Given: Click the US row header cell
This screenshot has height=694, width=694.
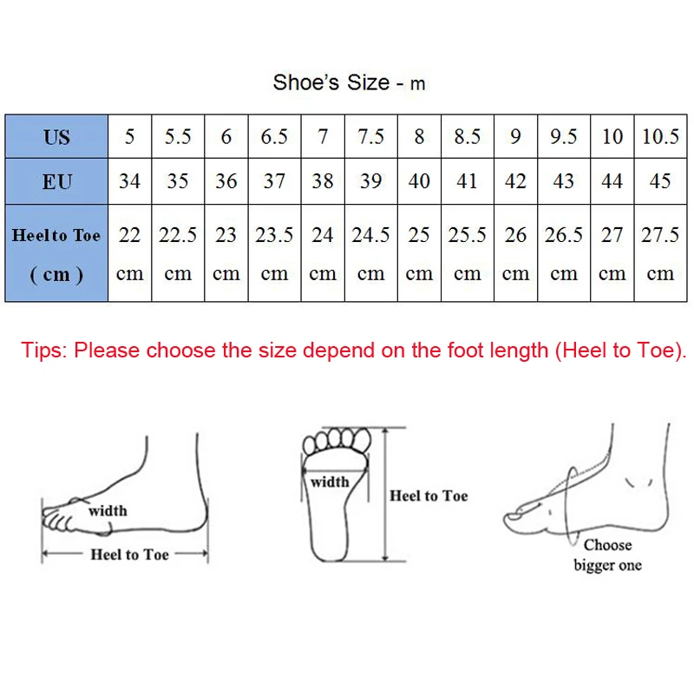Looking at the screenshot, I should pyautogui.click(x=56, y=136).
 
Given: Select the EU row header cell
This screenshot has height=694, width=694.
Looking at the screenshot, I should pyautogui.click(x=56, y=181).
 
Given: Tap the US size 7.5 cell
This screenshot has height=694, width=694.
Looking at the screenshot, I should pyautogui.click(x=370, y=136).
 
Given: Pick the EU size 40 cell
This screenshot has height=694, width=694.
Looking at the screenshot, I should pyautogui.click(x=419, y=181).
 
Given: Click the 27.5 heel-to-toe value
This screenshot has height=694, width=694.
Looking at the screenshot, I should pyautogui.click(x=660, y=235).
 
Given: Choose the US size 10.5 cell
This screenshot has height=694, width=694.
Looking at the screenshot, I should pyautogui.click(x=660, y=136).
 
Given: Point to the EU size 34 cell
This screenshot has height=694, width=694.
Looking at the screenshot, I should pyautogui.click(x=130, y=181).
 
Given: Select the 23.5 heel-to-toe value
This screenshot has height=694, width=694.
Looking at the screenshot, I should pyautogui.click(x=274, y=235).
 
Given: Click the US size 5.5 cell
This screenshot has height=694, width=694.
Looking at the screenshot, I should pyautogui.click(x=178, y=136).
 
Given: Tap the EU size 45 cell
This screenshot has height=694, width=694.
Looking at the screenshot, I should pyautogui.click(x=660, y=181).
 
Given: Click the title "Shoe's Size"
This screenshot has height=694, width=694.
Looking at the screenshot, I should pyautogui.click(x=331, y=82).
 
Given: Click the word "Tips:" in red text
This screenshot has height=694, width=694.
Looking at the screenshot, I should pyautogui.click(x=45, y=350).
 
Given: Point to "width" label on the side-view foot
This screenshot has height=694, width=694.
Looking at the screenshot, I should pyautogui.click(x=108, y=511).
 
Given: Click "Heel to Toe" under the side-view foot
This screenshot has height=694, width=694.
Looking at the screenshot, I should pyautogui.click(x=130, y=554).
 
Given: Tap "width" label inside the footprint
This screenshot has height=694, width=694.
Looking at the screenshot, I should pyautogui.click(x=330, y=481).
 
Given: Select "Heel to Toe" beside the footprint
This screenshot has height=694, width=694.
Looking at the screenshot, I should pyautogui.click(x=429, y=495).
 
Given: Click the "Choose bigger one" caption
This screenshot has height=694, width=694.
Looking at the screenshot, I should pyautogui.click(x=607, y=555).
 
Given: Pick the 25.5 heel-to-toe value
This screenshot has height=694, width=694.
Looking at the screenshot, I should pyautogui.click(x=468, y=235).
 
